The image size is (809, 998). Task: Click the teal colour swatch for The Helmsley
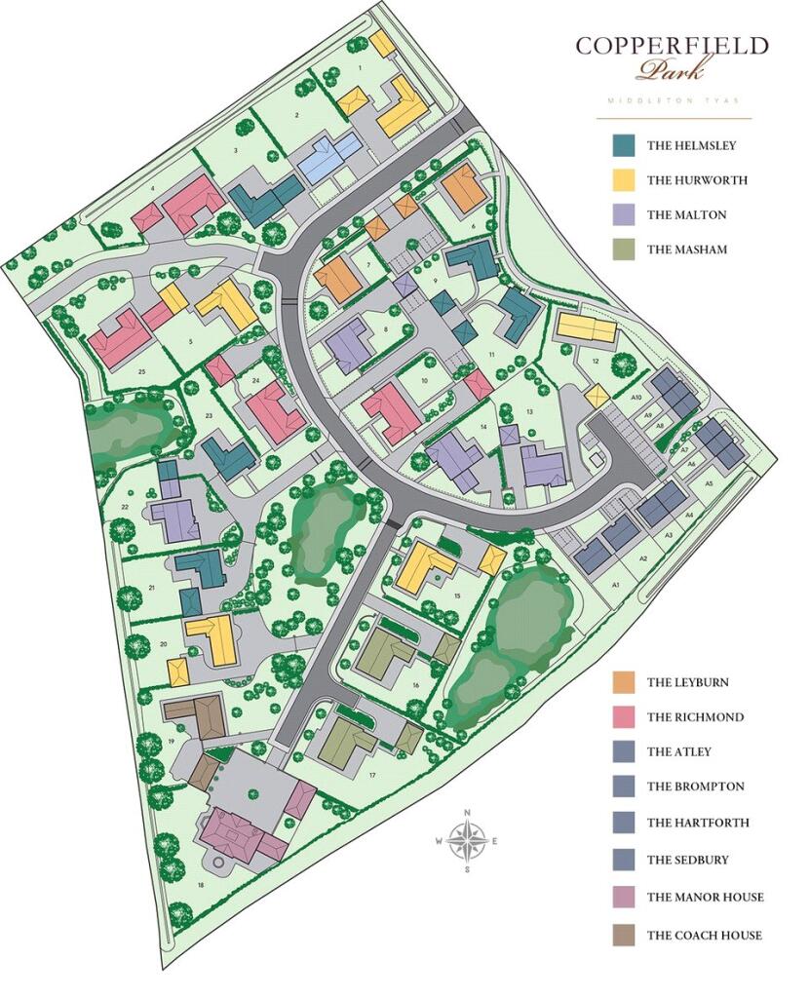point(624,146)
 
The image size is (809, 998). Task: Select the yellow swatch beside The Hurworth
point(624,180)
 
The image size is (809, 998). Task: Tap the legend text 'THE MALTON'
point(686,215)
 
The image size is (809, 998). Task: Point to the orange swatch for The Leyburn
point(624,682)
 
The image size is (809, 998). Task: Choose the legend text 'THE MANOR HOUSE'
point(705,898)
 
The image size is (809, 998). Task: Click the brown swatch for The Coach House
point(624,936)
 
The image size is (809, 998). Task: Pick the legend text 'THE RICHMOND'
point(695,717)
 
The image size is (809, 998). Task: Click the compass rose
point(468,839)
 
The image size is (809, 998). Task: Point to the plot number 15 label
point(456,595)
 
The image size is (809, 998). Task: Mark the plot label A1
point(615,583)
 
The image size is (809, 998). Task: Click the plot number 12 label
point(594,361)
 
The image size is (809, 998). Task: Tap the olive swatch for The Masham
point(624,249)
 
